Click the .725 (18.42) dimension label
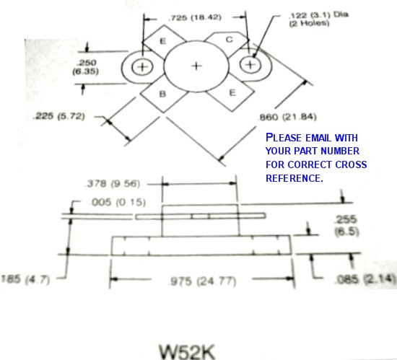click(195, 18)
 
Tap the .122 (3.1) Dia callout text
click(318, 15)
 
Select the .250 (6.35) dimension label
click(86, 67)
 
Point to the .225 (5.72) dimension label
click(58, 116)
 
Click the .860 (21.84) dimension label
click(287, 117)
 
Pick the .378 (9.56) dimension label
click(113, 184)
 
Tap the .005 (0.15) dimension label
click(118, 203)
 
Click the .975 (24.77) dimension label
click(203, 281)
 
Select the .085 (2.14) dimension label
click(365, 278)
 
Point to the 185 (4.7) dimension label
click(25, 279)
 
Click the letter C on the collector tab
click(229, 40)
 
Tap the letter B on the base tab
click(162, 94)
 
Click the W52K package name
click(187, 351)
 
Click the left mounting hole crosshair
click(142, 67)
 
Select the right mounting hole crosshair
click(250, 65)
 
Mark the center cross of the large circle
click(196, 66)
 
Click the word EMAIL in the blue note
click(318, 138)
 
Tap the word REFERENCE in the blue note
click(295, 178)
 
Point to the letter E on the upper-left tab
click(163, 41)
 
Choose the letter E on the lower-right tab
click(232, 92)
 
